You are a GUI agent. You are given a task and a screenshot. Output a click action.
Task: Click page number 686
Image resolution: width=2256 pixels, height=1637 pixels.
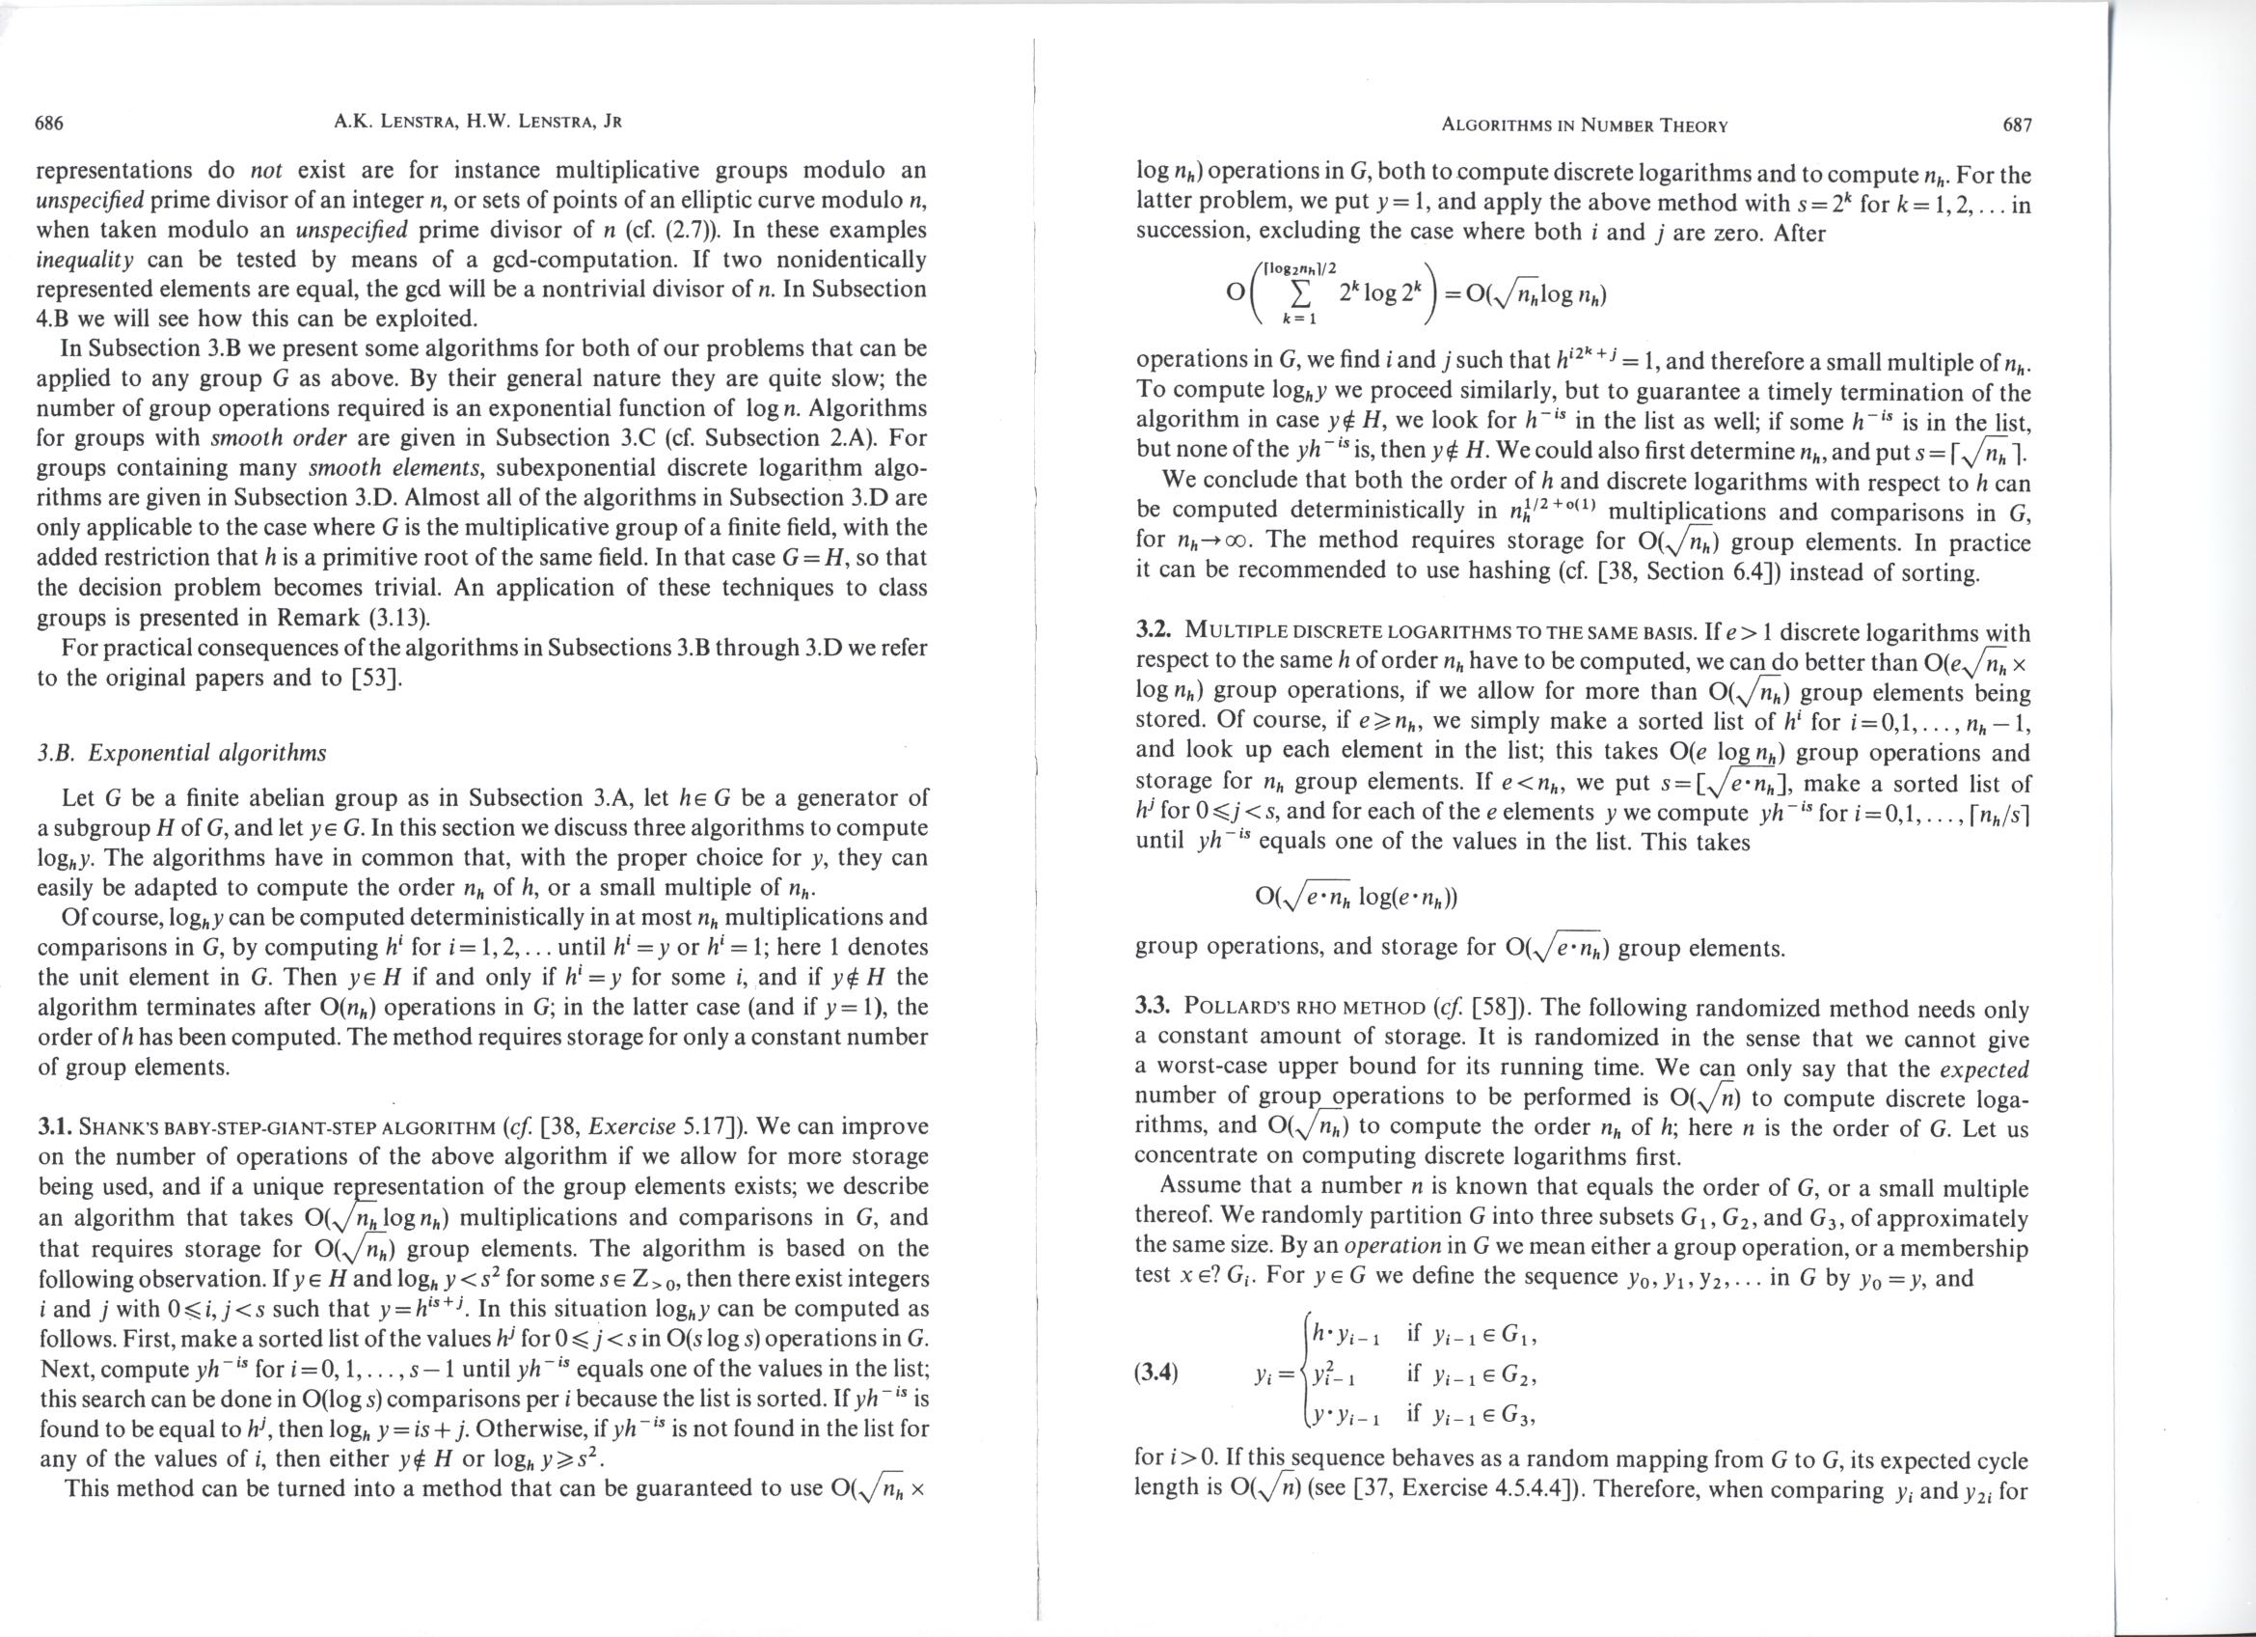pyautogui.click(x=50, y=124)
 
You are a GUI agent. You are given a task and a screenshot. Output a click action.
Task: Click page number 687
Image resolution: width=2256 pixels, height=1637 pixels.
pyautogui.click(x=2016, y=125)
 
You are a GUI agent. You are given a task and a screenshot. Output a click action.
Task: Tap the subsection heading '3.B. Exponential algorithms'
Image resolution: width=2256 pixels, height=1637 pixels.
pyautogui.click(x=182, y=752)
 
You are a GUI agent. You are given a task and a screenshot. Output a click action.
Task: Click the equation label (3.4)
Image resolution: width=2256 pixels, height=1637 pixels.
pyautogui.click(x=1156, y=1374)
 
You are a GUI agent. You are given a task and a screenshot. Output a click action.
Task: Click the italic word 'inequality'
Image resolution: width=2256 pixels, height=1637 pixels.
pyautogui.click(x=85, y=261)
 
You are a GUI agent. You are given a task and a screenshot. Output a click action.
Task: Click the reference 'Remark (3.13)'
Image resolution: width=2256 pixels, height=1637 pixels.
pyautogui.click(x=372, y=617)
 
